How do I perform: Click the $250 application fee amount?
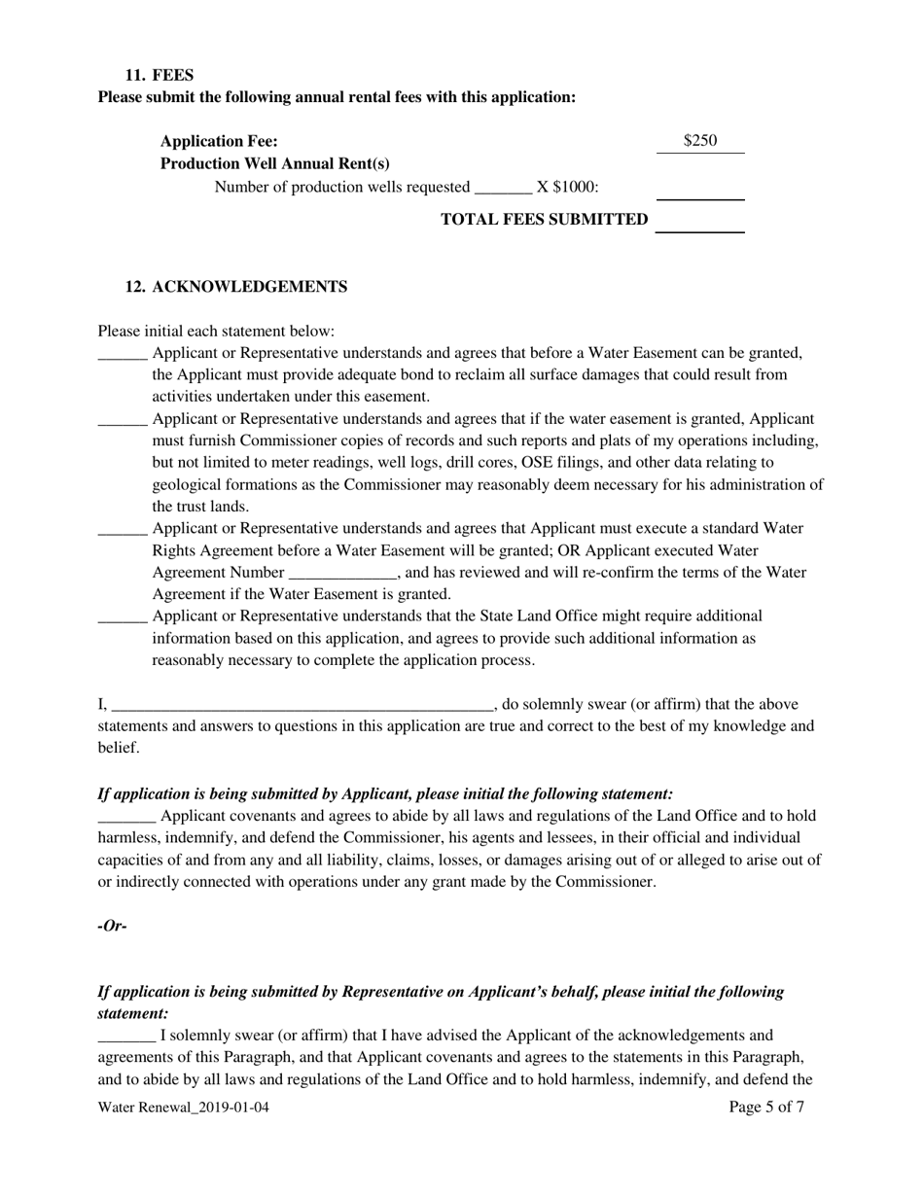700,141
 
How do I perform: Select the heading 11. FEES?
160,75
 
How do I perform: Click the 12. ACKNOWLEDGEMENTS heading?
236,287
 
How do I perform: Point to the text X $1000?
568,187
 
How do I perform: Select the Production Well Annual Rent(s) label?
275,163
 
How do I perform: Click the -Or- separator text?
113,926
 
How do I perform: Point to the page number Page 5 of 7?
766,1107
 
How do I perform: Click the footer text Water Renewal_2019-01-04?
184,1107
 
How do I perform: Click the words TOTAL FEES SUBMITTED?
545,220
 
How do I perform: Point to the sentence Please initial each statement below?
216,332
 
